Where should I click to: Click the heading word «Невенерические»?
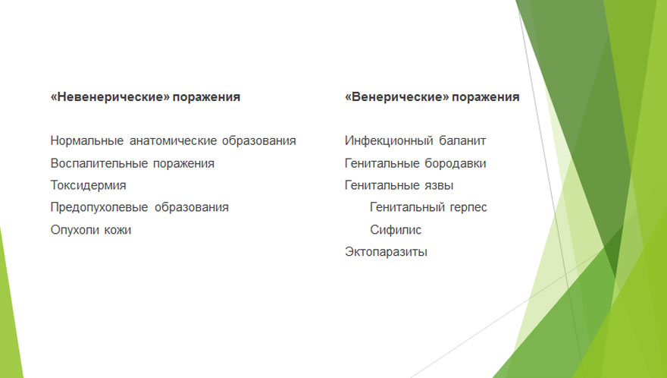[110, 96]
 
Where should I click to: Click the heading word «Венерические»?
[397, 96]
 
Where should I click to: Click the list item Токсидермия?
[89, 186]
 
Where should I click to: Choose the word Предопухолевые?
[99, 207]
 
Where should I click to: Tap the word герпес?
[464, 207]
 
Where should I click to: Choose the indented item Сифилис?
[396, 230]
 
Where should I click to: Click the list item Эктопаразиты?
[386, 252]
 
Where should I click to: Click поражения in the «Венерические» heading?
[485, 97]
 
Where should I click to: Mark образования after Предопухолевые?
[192, 207]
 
